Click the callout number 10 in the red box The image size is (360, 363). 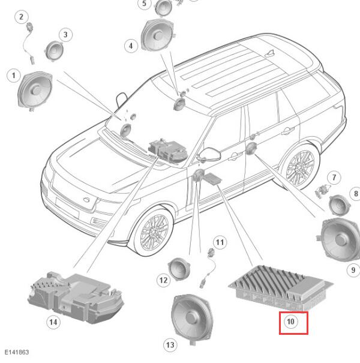click(290, 322)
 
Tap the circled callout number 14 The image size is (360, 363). click(53, 322)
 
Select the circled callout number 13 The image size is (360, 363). click(170, 345)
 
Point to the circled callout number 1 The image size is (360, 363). click(13, 76)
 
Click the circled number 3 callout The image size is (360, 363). click(65, 35)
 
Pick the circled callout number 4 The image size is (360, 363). click(131, 46)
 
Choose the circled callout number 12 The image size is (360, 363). click(163, 280)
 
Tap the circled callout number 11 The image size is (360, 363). click(220, 242)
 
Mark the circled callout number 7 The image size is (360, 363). click(334, 178)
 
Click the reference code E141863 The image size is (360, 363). click(17, 352)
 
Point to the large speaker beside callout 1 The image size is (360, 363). click(35, 91)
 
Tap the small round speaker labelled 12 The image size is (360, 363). click(179, 269)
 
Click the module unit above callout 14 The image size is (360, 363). click(76, 297)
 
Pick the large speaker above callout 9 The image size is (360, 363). click(339, 239)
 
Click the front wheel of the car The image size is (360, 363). click(154, 232)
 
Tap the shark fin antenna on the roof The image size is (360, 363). click(271, 53)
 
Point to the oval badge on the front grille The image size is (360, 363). click(87, 200)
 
